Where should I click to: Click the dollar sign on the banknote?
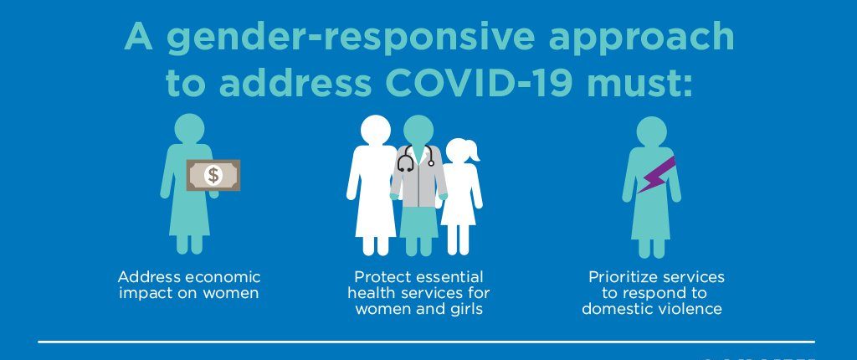pyautogui.click(x=213, y=175)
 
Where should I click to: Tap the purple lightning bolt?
pyautogui.click(x=656, y=174)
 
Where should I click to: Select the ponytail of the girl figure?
pyautogui.click(x=473, y=152)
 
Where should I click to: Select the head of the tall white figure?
pyautogui.click(x=376, y=131)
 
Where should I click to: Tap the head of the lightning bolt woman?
pyautogui.click(x=651, y=131)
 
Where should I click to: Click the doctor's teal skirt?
pyautogui.click(x=418, y=224)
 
